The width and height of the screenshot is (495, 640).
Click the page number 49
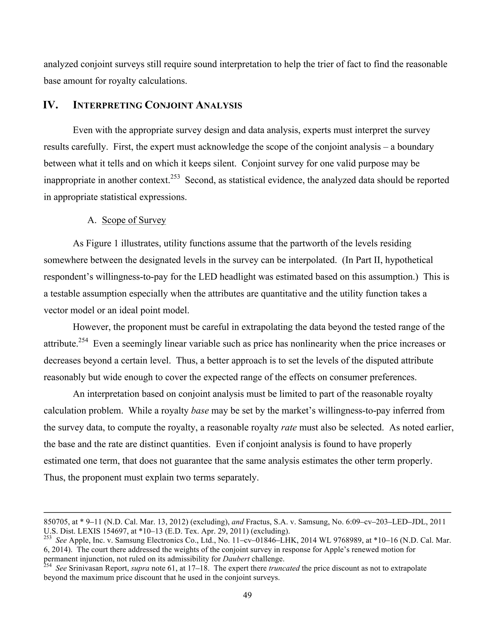pyautogui.click(x=247, y=595)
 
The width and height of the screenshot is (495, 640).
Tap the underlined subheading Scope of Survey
pyautogui.click(x=134, y=220)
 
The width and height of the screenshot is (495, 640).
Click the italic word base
pyautogui.click(x=200, y=411)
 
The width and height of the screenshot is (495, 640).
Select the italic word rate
pyautogui.click(x=289, y=427)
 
